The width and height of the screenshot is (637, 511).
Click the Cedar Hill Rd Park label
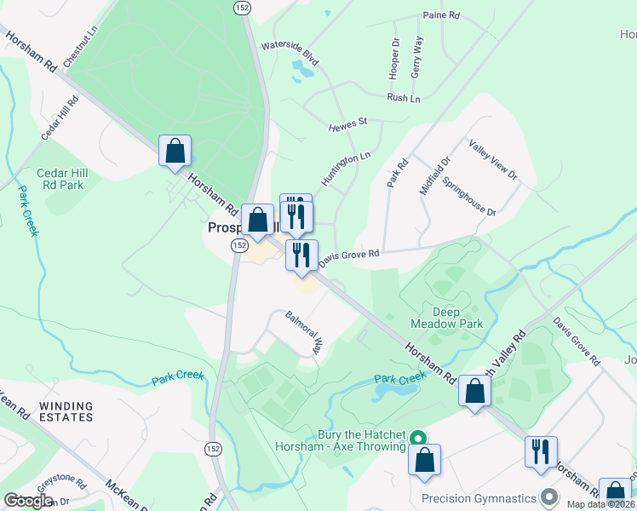(60, 179)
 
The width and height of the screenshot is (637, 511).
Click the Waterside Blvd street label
(290, 53)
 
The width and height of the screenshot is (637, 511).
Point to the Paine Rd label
(441, 15)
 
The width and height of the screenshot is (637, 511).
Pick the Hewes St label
(347, 124)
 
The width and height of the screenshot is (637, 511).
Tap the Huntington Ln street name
(346, 168)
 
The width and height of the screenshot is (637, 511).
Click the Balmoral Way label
(306, 333)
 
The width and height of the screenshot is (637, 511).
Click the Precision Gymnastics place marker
(550, 497)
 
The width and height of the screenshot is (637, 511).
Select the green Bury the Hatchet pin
(418, 439)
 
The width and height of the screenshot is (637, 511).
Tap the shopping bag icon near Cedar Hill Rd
(175, 152)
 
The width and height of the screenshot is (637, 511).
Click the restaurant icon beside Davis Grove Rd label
(301, 255)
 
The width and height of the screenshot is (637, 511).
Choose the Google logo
(28, 501)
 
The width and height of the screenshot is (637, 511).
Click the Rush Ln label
(404, 98)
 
